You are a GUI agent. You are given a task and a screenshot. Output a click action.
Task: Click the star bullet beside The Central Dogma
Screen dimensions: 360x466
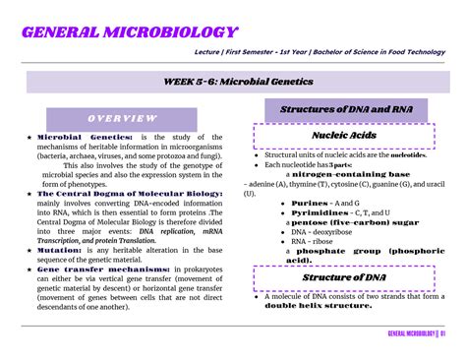click(x=30, y=194)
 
